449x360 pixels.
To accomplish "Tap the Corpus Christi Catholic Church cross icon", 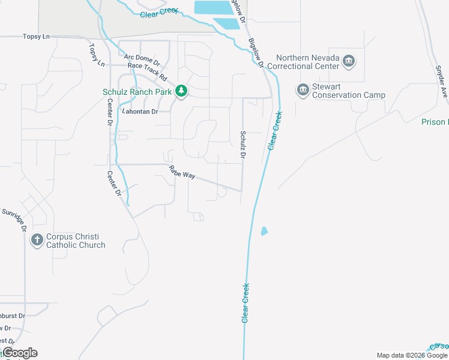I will pyautogui.click(x=37, y=240).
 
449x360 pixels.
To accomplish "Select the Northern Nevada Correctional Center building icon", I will pyautogui.click(x=348, y=61).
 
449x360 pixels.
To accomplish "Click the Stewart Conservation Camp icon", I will pyautogui.click(x=303, y=91).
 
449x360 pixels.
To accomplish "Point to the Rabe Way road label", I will pyautogui.click(x=182, y=172).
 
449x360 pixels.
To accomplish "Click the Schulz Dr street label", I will pyautogui.click(x=243, y=145).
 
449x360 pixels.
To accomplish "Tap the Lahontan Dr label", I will pyautogui.click(x=140, y=112).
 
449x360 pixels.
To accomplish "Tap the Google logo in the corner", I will pyautogui.click(x=19, y=353).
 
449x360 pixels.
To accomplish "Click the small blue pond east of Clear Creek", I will pyautogui.click(x=264, y=231).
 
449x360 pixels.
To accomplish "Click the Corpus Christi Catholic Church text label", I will pyautogui.click(x=76, y=241).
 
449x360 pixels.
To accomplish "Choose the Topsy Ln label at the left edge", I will pyautogui.click(x=36, y=37).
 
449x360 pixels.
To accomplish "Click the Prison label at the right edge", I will pyautogui.click(x=433, y=122).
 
